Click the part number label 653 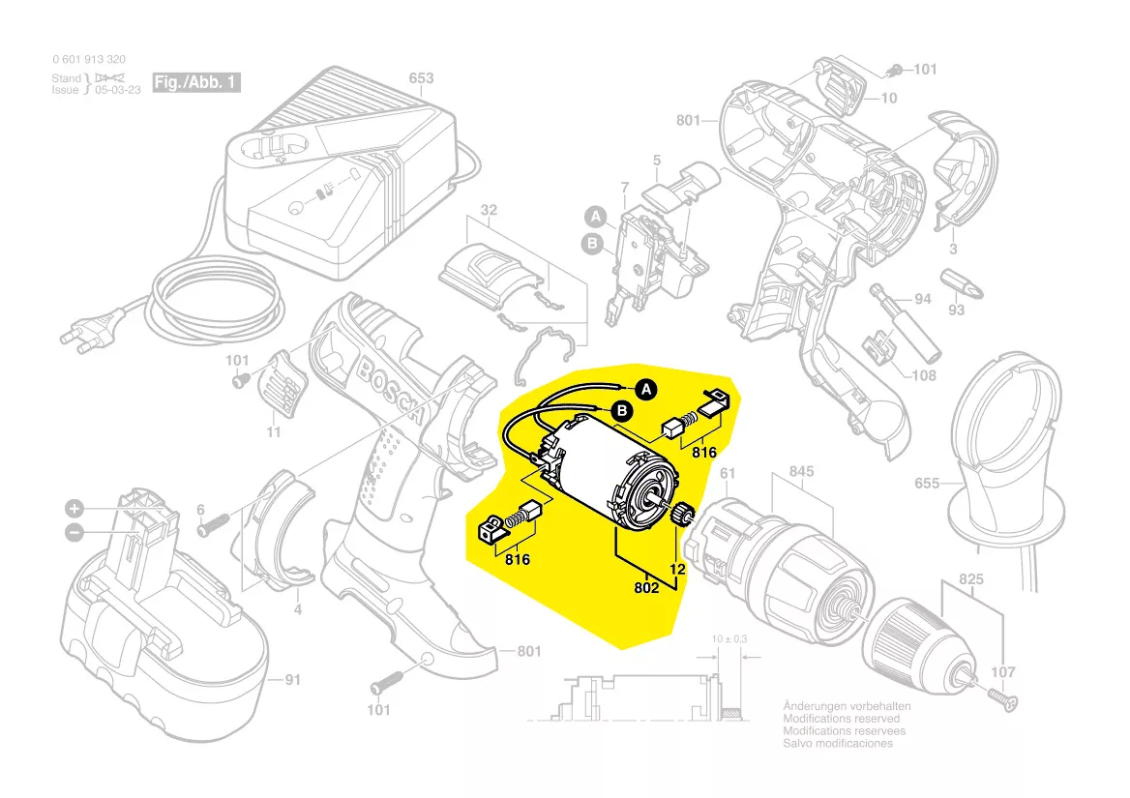click(421, 78)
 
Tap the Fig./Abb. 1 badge click(195, 82)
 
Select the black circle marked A click(646, 389)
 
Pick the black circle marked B click(624, 412)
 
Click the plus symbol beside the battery click(74, 509)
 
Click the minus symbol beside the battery click(74, 531)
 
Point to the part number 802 click(646, 586)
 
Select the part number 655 click(927, 483)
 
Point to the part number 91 click(291, 680)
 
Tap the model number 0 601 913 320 click(88, 59)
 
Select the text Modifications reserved click(841, 719)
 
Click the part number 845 click(801, 472)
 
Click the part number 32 click(489, 210)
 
